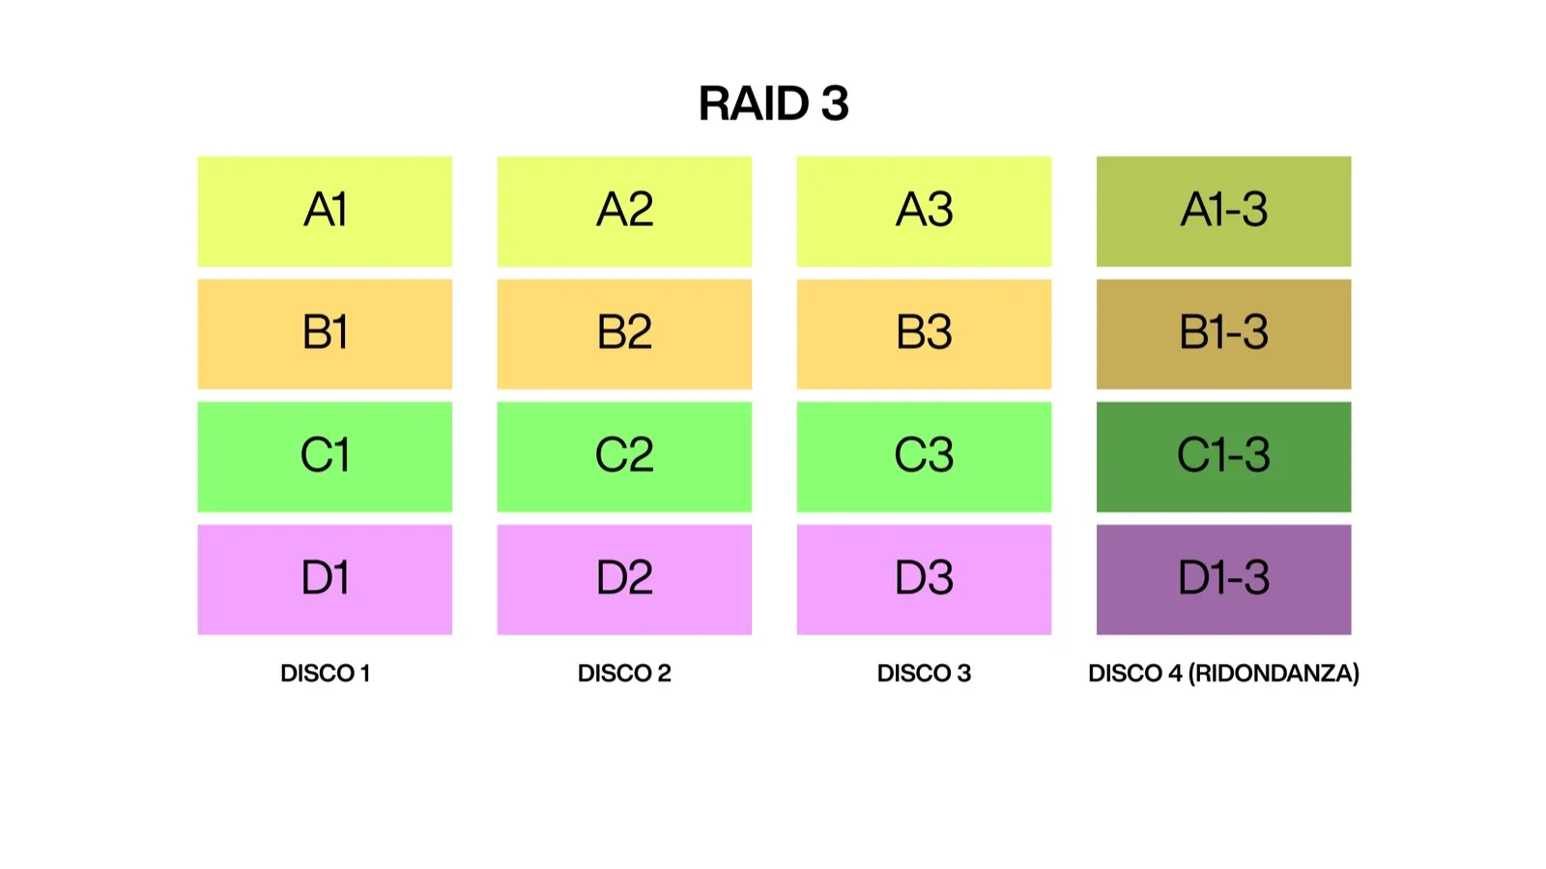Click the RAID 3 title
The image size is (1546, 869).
point(773,103)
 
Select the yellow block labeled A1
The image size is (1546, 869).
point(325,211)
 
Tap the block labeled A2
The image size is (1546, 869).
point(624,211)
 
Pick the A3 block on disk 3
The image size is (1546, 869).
point(924,211)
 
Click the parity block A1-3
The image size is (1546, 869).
point(1223,211)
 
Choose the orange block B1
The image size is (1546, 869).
point(325,333)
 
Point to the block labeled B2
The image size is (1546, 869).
point(624,333)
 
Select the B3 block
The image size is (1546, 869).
point(924,333)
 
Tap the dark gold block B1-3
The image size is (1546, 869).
point(1223,333)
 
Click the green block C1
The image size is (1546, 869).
point(325,456)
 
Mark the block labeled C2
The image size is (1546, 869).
point(624,456)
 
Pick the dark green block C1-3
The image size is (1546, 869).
point(1223,456)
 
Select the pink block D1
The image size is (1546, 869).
point(325,579)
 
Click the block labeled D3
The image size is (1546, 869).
point(924,579)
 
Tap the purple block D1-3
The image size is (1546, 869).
point(1223,579)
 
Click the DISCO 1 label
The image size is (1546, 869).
point(325,673)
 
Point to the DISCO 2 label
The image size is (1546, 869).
point(624,673)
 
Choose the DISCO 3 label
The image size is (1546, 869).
point(924,673)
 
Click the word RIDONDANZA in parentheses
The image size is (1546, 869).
point(1274,673)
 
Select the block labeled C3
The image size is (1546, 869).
point(924,456)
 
